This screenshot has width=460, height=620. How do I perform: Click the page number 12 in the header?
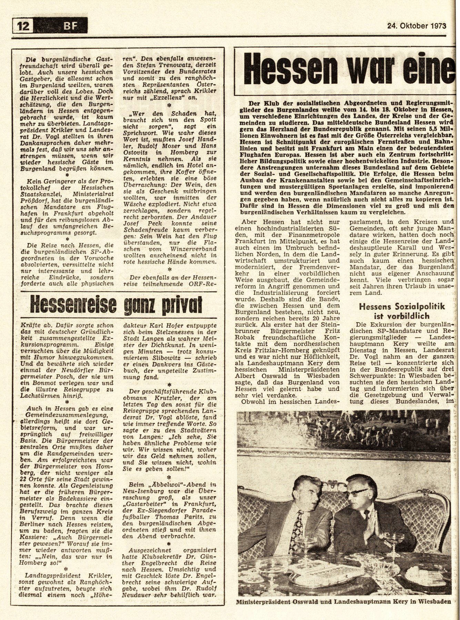(x=23, y=25)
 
